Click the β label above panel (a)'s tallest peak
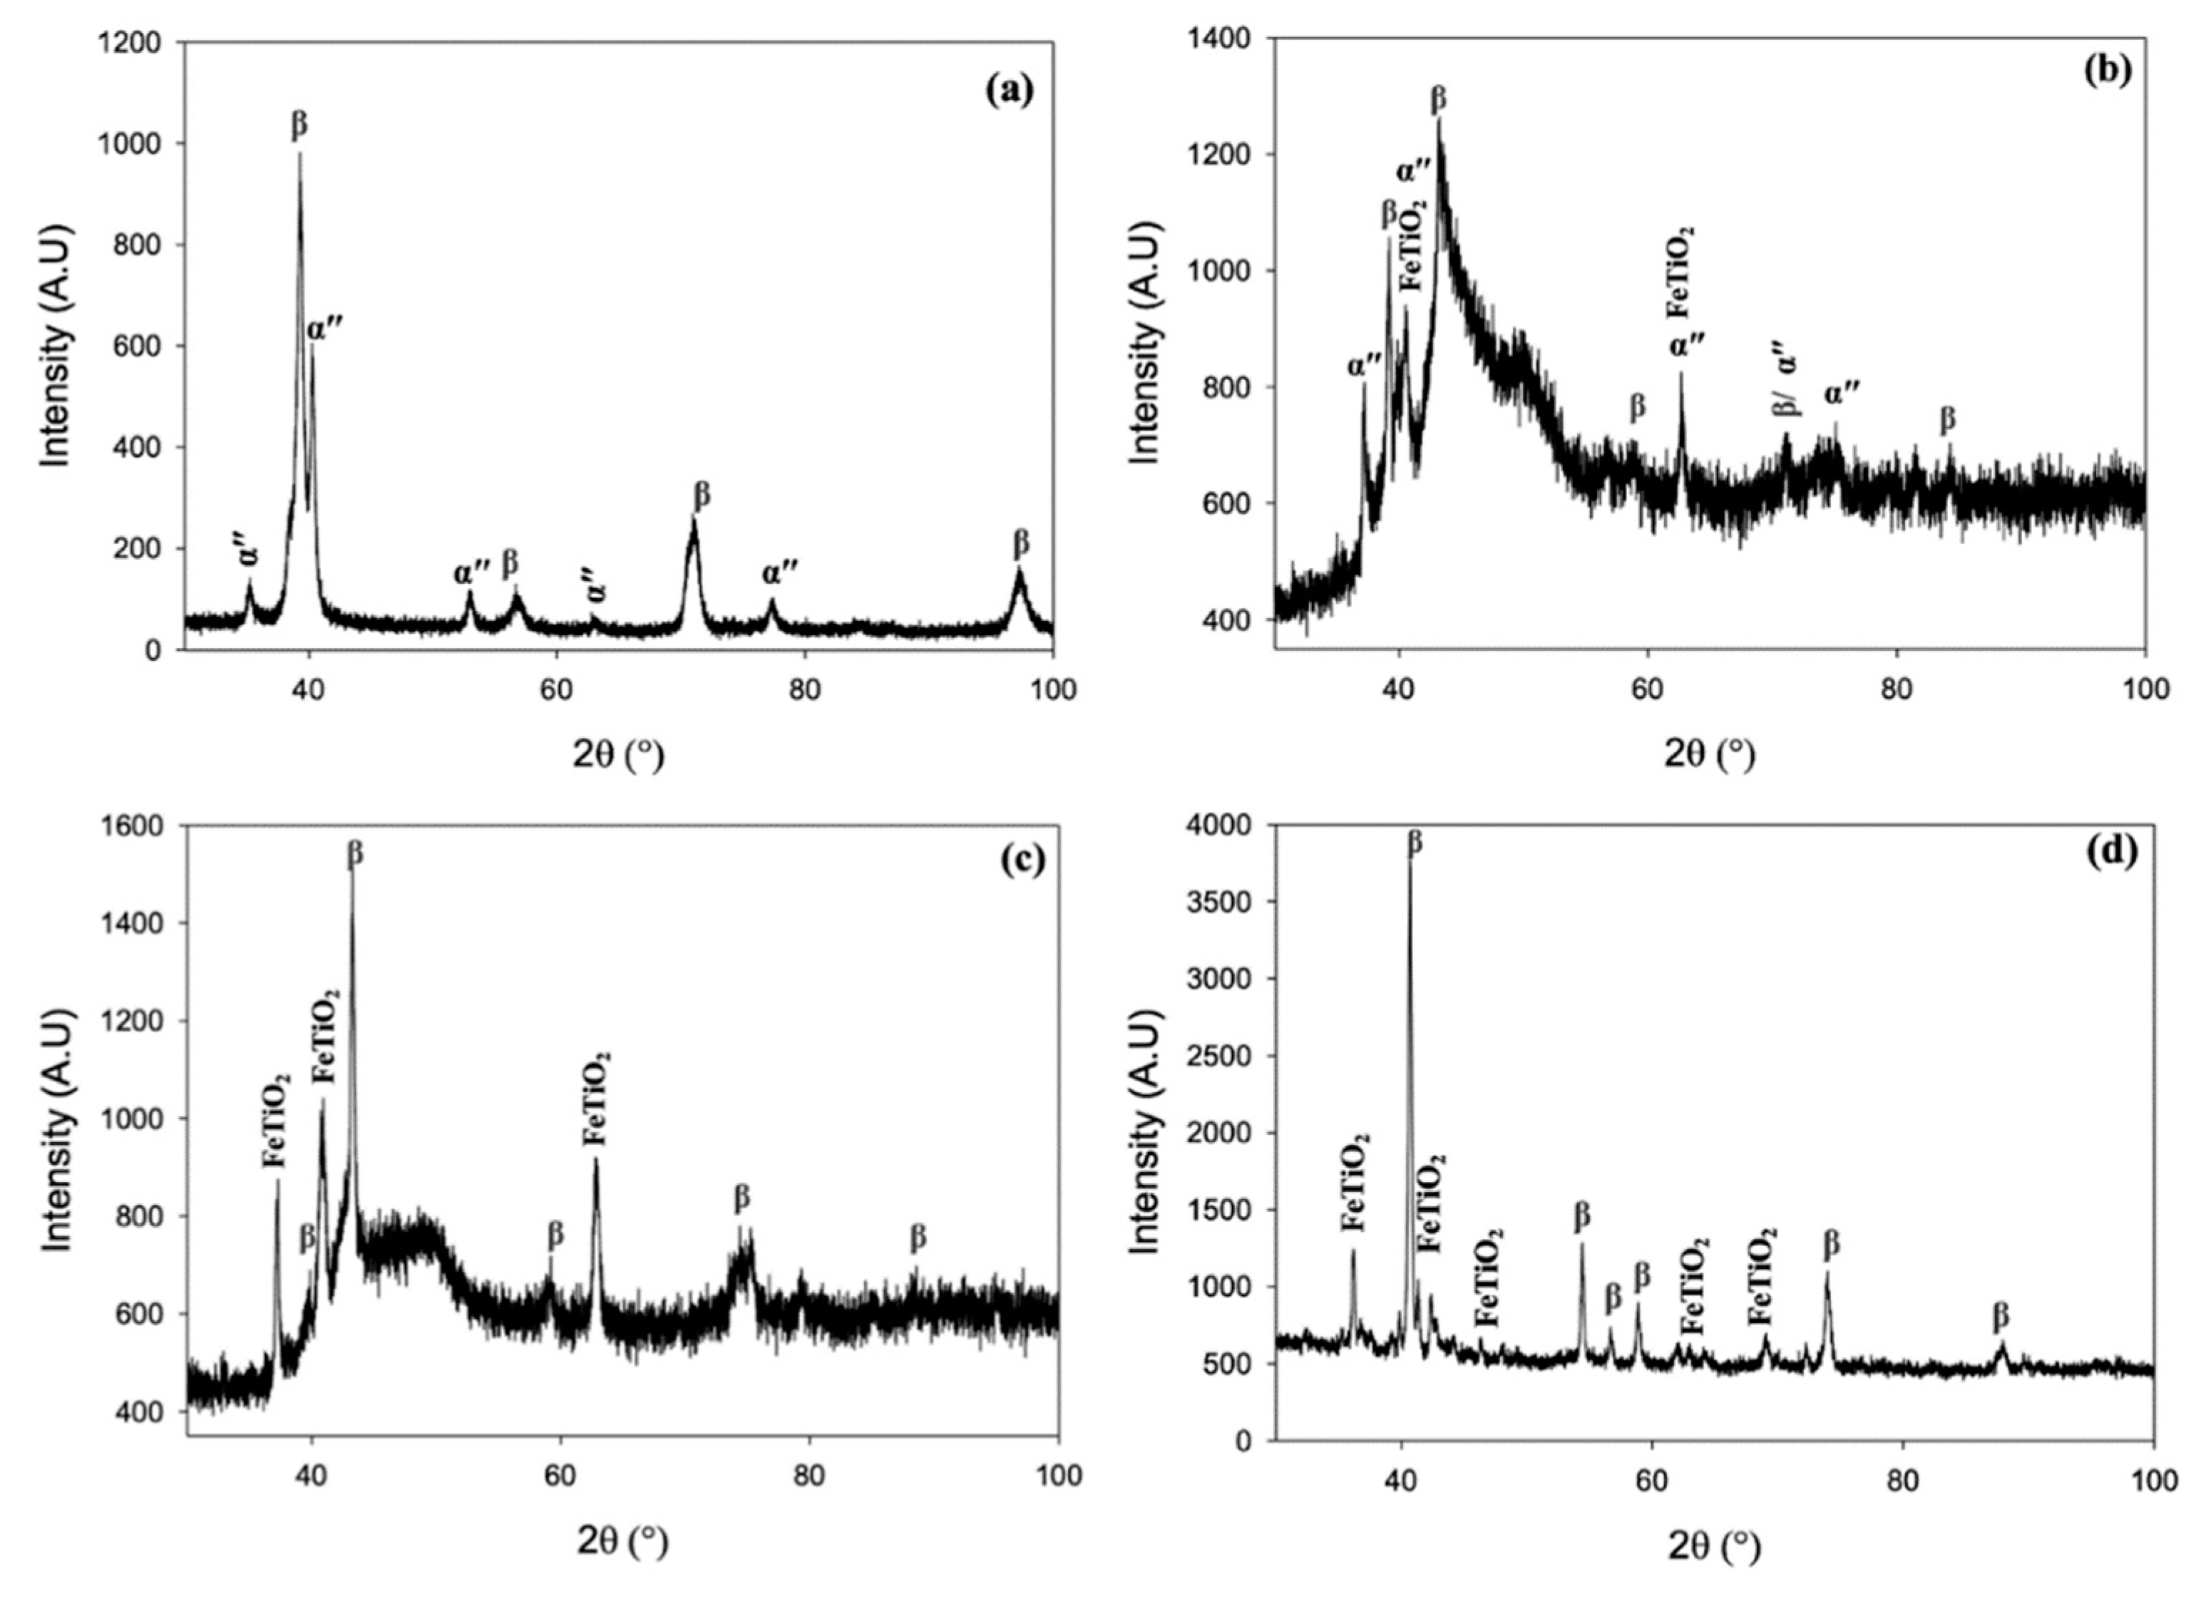(x=299, y=125)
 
